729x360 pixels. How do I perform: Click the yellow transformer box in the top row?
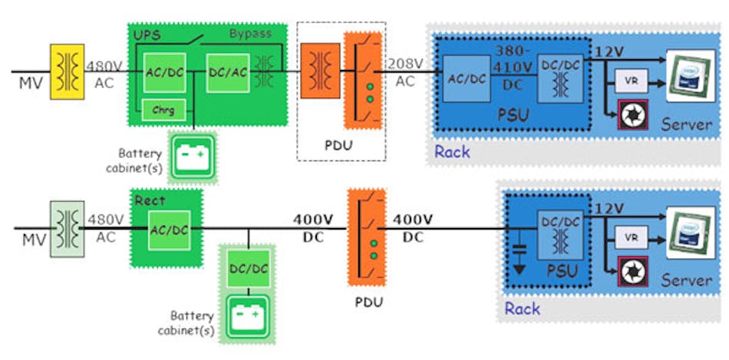(67, 71)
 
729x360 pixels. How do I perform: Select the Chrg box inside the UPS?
(163, 110)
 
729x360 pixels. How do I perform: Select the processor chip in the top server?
(688, 77)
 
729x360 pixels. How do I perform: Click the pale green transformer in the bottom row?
(67, 226)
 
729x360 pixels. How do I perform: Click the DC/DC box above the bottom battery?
(247, 269)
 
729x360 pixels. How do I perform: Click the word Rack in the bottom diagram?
(522, 309)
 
